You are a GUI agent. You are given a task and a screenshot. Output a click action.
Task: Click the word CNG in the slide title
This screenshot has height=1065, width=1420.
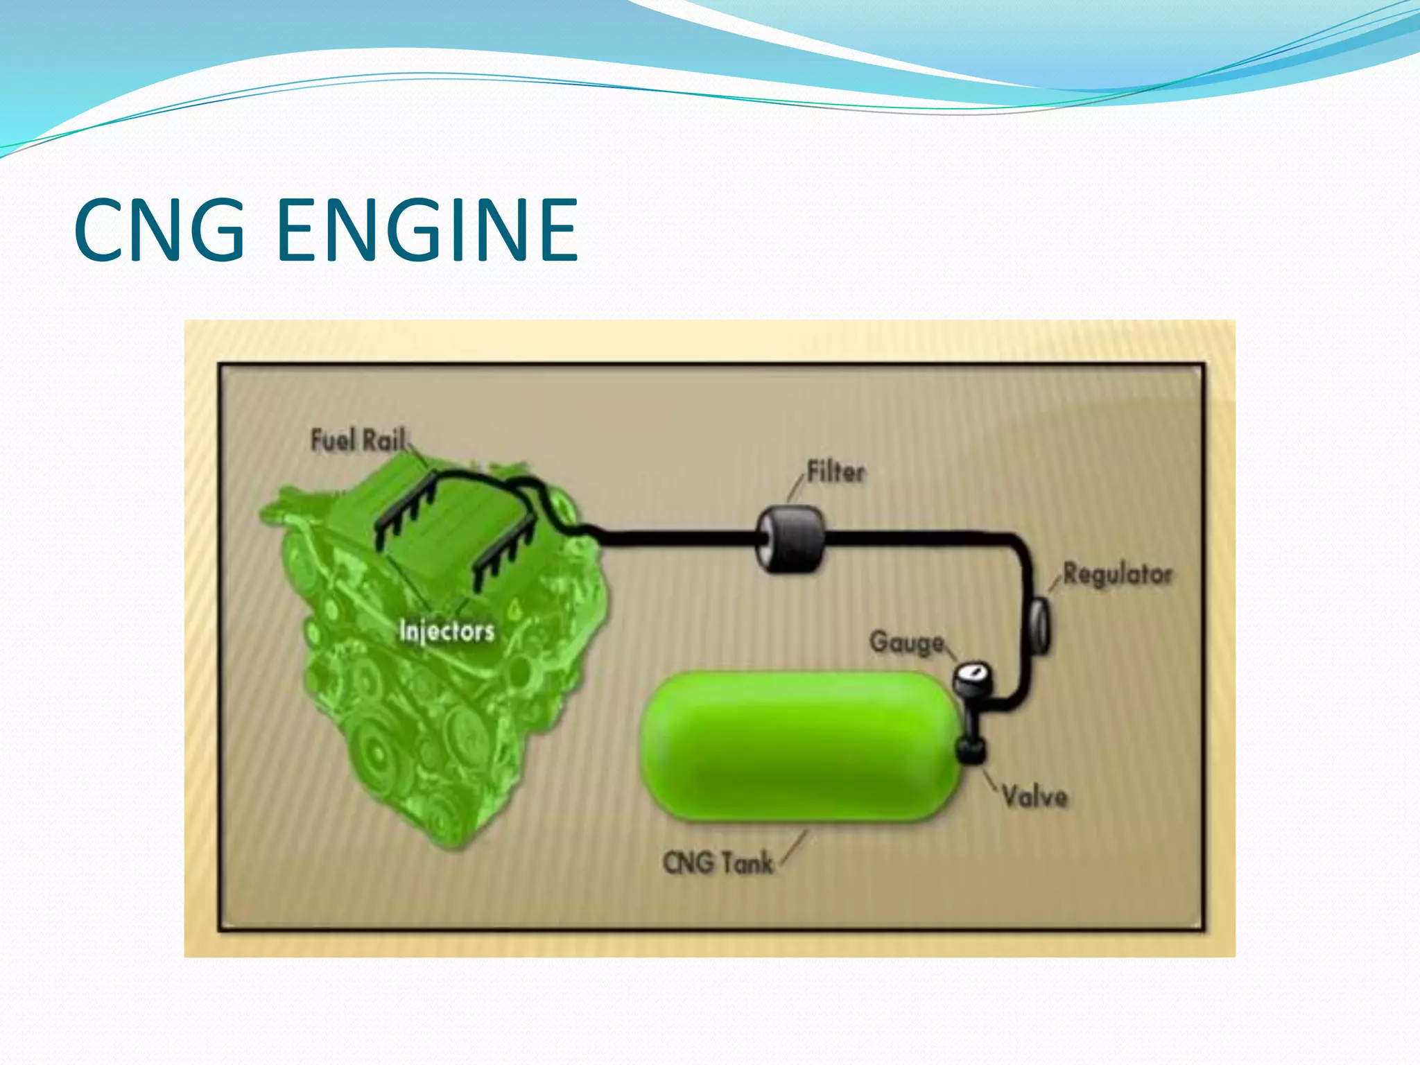(x=159, y=230)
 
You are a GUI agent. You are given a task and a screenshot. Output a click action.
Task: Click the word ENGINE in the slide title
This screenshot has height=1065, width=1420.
(x=428, y=230)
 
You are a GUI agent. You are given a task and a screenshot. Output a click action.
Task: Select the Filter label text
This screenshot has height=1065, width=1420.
(x=836, y=473)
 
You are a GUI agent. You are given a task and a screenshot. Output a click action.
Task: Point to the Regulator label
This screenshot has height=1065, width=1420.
(x=1118, y=575)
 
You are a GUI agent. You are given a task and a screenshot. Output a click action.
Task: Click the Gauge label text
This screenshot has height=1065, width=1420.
(x=907, y=643)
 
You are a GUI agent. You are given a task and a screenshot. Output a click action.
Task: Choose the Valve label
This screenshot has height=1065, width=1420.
(x=1034, y=797)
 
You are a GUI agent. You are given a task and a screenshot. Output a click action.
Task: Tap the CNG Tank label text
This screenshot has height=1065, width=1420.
(x=718, y=863)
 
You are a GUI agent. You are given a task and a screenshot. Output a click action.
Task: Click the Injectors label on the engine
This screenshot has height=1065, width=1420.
(x=447, y=632)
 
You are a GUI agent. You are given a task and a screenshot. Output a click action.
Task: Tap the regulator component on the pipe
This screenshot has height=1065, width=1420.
(x=1039, y=624)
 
